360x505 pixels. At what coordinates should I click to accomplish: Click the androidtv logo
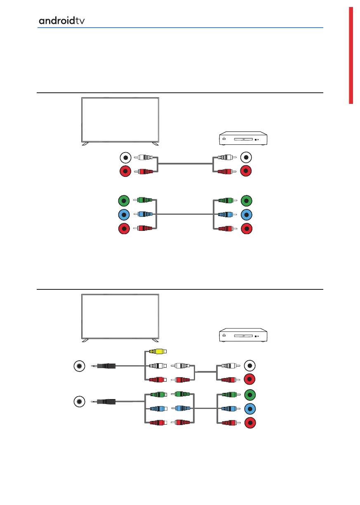(62, 20)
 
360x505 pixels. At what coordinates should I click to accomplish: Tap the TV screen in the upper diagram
(120, 120)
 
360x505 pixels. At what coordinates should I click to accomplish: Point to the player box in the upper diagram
(243, 139)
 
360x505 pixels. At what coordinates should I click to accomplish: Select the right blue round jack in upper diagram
(246, 215)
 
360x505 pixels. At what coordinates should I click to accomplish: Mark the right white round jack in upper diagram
(246, 157)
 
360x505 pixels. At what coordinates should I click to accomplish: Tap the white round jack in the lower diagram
(249, 365)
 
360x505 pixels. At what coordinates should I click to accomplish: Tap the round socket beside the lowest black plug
(79, 401)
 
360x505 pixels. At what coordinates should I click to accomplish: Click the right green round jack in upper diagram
(246, 201)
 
